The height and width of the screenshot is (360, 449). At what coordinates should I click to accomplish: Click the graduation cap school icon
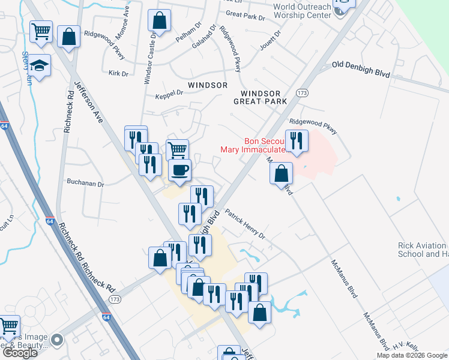coord(39,65)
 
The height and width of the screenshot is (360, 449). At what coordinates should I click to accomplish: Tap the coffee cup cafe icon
coord(179,170)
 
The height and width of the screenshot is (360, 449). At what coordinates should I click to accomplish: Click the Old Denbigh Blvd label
coord(361,69)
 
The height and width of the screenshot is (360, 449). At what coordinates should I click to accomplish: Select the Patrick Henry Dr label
coord(245,224)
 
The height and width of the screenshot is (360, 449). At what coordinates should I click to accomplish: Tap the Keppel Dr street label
coord(169,95)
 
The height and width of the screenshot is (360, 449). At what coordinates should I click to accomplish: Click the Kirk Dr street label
coord(119,73)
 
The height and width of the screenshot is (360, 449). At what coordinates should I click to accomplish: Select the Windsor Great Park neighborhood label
coord(260,97)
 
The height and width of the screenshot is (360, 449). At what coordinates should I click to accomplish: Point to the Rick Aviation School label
coord(423,250)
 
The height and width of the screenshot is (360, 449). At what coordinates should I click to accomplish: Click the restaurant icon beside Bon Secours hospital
coord(297,140)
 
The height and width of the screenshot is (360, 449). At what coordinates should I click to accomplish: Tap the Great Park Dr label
coord(246,15)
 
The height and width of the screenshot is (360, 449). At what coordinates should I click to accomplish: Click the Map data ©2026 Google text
coord(412,355)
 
